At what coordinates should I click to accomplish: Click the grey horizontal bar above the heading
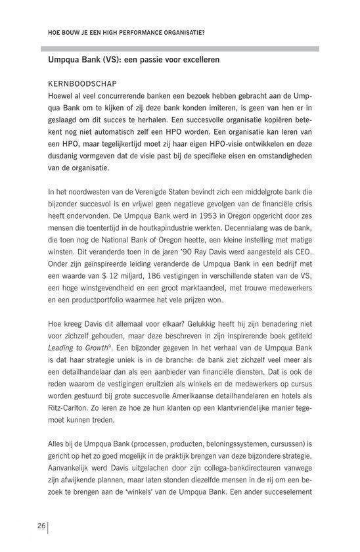coord(179,48)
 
